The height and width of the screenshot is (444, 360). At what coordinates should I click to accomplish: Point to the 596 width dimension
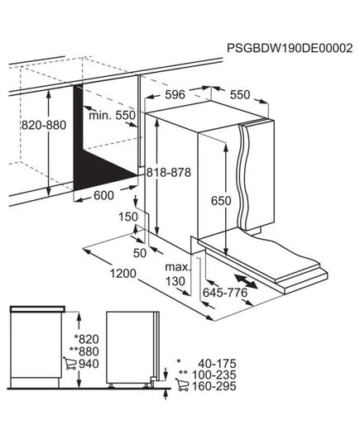pyautogui.click(x=175, y=95)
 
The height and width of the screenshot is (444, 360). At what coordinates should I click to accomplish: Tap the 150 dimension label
pyautogui.click(x=127, y=216)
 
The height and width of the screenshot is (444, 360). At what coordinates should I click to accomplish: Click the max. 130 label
pyautogui.click(x=177, y=273)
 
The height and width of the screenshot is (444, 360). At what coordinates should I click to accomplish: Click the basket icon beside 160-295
pyautogui.click(x=181, y=385)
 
